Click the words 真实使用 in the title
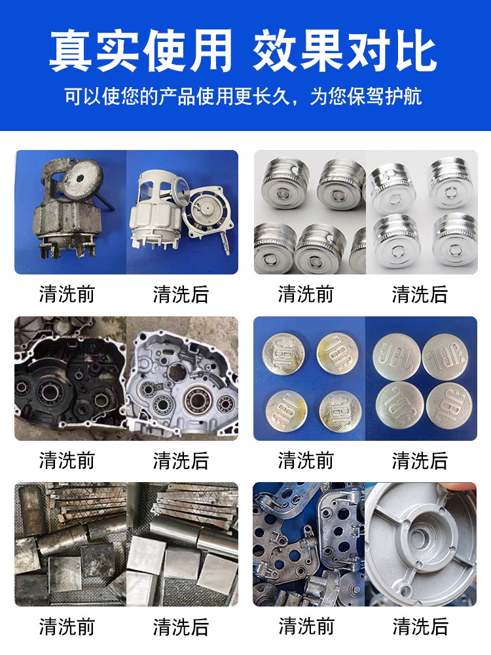point(141,51)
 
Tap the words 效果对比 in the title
point(344,51)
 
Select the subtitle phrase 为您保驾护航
point(366,97)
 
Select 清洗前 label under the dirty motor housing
point(67,294)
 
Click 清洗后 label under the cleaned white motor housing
point(181,294)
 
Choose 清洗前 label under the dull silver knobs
point(306,294)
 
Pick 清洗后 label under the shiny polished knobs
point(420,294)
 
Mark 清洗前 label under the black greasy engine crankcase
point(67,460)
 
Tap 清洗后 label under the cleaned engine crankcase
point(181,460)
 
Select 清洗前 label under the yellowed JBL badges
point(306,460)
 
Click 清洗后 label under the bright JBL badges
point(420,460)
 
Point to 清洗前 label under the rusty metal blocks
point(67,627)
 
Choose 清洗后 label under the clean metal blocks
point(181,627)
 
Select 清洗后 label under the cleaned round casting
point(420,627)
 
